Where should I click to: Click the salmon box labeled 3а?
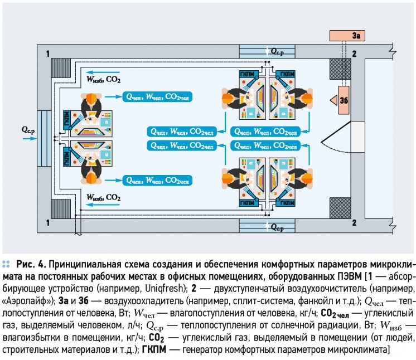click(x=347, y=36)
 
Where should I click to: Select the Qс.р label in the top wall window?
click(x=276, y=51)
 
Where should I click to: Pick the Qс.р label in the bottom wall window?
click(x=276, y=227)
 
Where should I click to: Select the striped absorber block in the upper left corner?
click(x=59, y=69)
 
